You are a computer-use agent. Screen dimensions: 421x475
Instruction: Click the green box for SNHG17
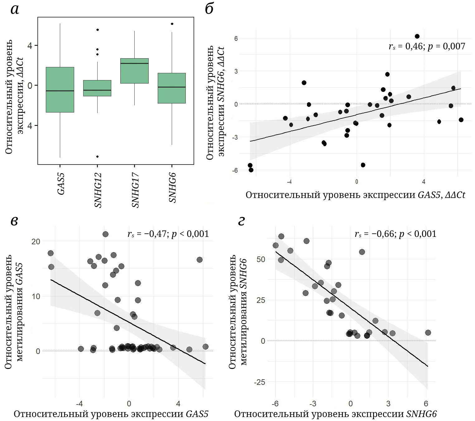[134, 71]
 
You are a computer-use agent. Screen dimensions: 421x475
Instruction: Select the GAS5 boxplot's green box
[60, 89]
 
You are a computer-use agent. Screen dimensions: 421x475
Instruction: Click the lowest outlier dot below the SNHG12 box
[97, 156]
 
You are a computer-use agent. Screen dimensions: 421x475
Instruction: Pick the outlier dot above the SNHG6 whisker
[172, 24]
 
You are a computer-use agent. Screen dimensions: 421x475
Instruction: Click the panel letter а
[15, 9]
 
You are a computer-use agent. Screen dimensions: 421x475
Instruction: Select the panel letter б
[209, 9]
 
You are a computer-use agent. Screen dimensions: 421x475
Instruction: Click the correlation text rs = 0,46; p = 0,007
[427, 46]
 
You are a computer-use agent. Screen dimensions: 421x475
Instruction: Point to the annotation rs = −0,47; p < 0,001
[168, 234]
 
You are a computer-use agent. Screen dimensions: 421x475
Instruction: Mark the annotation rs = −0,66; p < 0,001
[395, 234]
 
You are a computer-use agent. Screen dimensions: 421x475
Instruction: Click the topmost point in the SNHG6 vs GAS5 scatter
[417, 36]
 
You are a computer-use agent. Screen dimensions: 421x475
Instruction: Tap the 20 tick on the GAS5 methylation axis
[36, 242]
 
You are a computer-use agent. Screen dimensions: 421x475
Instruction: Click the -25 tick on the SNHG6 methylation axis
[259, 382]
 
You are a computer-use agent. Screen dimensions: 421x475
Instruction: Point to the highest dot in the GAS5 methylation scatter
[105, 234]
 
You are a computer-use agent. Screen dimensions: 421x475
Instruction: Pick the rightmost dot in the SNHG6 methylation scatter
[428, 332]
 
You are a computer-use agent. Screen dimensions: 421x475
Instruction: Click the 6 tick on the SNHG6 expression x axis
[426, 404]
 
